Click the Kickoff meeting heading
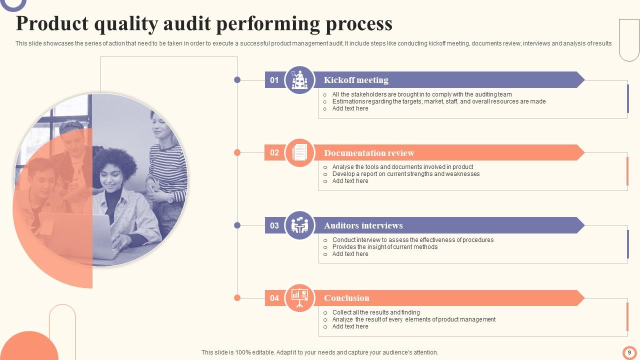click(356, 80)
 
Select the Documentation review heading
click(369, 153)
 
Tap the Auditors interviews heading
click(363, 225)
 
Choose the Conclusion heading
click(346, 298)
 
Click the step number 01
click(274, 80)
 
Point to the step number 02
click(274, 152)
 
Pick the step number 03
click(274, 225)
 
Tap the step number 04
click(274, 298)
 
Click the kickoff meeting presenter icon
click(300, 80)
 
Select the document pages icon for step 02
click(300, 152)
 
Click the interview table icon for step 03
click(300, 225)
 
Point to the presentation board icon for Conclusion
click(300, 298)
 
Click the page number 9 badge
click(629, 352)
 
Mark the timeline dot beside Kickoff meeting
click(237, 79)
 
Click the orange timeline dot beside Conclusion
click(237, 298)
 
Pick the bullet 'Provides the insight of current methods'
click(384, 247)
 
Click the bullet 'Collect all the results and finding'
click(376, 312)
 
